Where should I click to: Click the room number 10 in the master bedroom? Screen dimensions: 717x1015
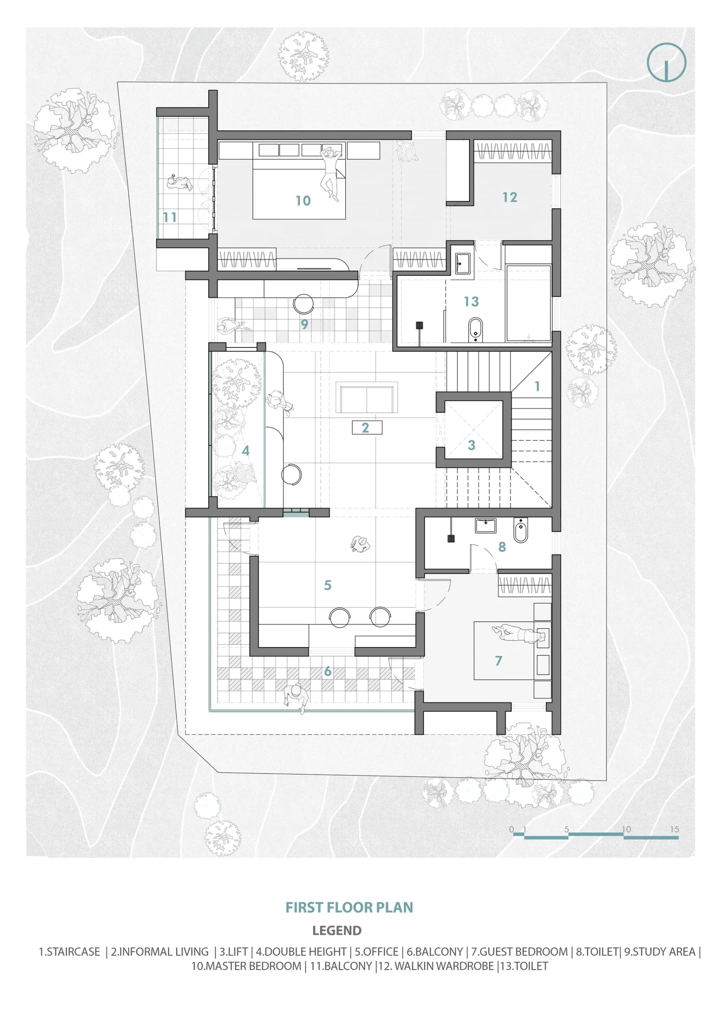(303, 201)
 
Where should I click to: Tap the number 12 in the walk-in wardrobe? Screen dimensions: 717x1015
(509, 197)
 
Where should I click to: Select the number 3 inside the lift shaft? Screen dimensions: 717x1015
(471, 445)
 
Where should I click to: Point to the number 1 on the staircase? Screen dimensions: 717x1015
(537, 386)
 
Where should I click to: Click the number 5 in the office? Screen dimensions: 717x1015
(327, 585)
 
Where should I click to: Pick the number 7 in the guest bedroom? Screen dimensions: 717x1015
(498, 661)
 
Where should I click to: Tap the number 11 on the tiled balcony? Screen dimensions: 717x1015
(170, 217)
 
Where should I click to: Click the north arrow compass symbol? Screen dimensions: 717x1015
(666, 62)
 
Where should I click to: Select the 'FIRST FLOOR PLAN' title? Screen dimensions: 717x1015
(349, 907)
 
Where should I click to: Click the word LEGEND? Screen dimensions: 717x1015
(337, 930)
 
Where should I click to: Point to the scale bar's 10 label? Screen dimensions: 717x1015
(626, 829)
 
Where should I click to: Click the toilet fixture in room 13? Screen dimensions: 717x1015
(475, 329)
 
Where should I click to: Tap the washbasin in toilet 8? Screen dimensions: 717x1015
(485, 526)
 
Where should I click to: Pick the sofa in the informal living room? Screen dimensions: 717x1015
(366, 399)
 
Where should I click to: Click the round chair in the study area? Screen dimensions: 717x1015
(303, 304)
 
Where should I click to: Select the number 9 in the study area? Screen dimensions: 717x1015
(304, 324)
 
